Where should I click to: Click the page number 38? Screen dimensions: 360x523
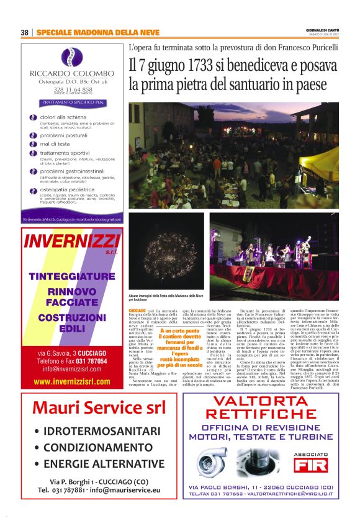point(25,32)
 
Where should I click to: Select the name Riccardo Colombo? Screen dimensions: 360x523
point(72,73)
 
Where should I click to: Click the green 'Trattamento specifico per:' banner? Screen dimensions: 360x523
point(73,101)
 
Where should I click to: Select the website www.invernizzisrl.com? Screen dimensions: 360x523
point(72,381)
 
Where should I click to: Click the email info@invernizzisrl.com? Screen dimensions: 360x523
point(72,368)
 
